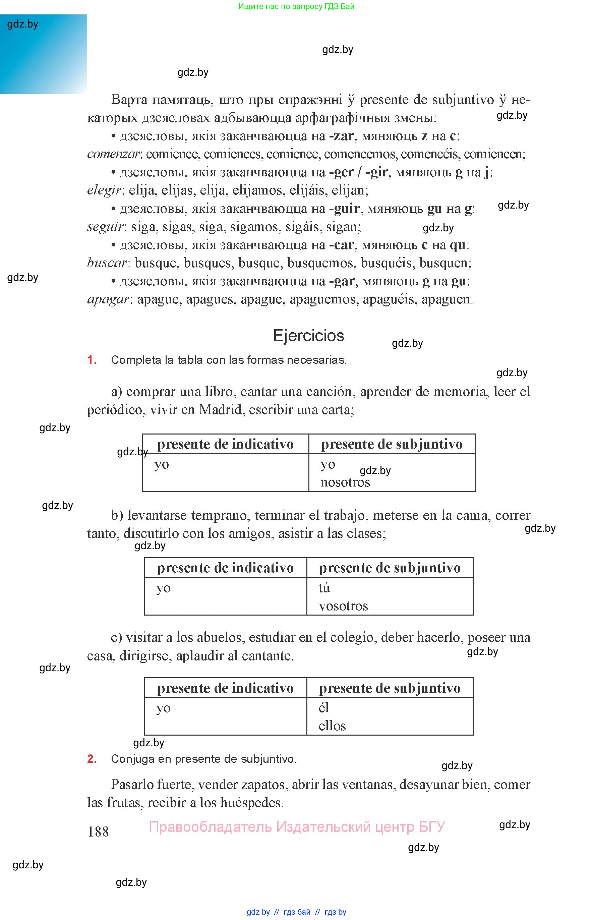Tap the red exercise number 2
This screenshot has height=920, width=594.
pyautogui.click(x=92, y=759)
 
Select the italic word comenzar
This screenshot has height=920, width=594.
pyautogui.click(x=113, y=154)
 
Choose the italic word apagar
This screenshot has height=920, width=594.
pyautogui.click(x=108, y=299)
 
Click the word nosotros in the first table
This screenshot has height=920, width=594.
pyautogui.click(x=345, y=482)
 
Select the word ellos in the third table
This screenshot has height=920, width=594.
pyautogui.click(x=332, y=726)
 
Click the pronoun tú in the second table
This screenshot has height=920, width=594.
pyautogui.click(x=324, y=587)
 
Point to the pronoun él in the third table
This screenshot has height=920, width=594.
pyautogui.click(x=323, y=708)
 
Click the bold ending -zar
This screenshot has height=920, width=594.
pyautogui.click(x=341, y=136)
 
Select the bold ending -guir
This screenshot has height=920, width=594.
pyautogui.click(x=345, y=209)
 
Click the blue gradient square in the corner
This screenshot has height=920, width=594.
pyautogui.click(x=43, y=54)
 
